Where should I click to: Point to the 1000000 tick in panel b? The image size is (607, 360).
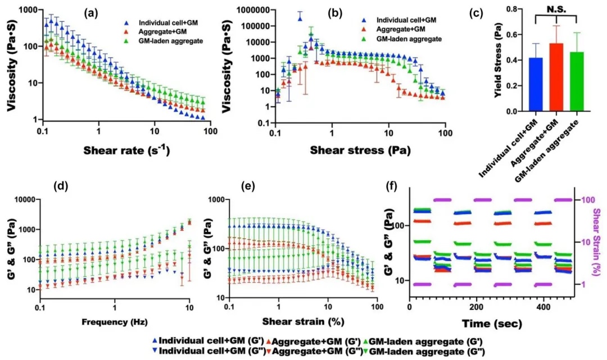pyautogui.click(x=251, y=10)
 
